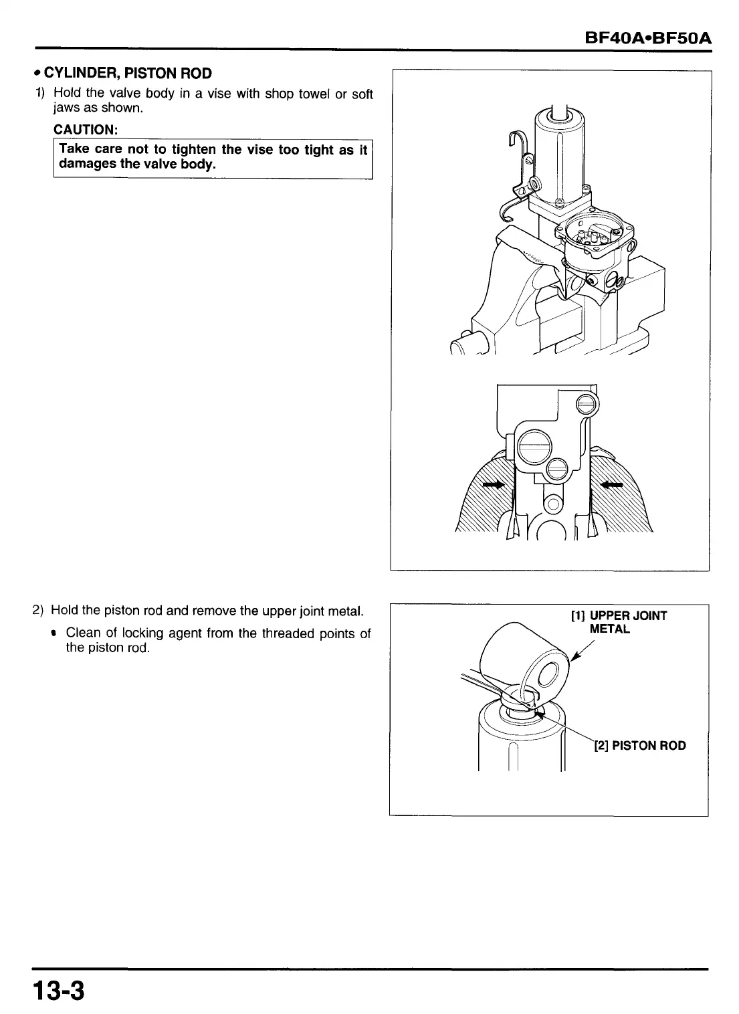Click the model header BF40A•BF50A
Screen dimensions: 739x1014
coord(647,39)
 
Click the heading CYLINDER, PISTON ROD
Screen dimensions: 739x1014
coord(128,73)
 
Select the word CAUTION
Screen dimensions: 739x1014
coord(86,128)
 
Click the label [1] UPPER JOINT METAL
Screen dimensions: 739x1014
coord(618,622)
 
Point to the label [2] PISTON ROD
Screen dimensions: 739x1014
coord(640,745)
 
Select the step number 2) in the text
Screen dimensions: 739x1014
coord(38,610)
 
